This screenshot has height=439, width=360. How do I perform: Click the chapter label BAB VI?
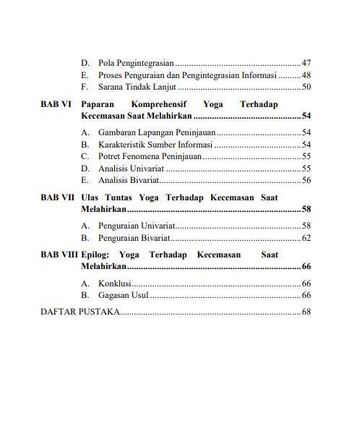tap(55, 103)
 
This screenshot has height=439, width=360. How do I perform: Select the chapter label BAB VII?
tap(56, 197)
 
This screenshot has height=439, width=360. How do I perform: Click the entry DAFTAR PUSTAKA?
tap(80, 312)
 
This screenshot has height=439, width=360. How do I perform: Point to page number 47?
tap(306, 64)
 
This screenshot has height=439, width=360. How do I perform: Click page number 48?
tap(306, 75)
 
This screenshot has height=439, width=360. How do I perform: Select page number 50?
tap(306, 87)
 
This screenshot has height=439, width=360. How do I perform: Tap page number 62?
tap(306, 237)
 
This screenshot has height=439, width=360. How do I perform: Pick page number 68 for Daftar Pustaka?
tap(306, 312)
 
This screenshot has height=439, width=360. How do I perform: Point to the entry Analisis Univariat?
tap(131, 168)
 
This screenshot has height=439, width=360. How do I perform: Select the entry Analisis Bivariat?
tap(127, 179)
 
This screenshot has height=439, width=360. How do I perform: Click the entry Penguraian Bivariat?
tap(134, 237)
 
